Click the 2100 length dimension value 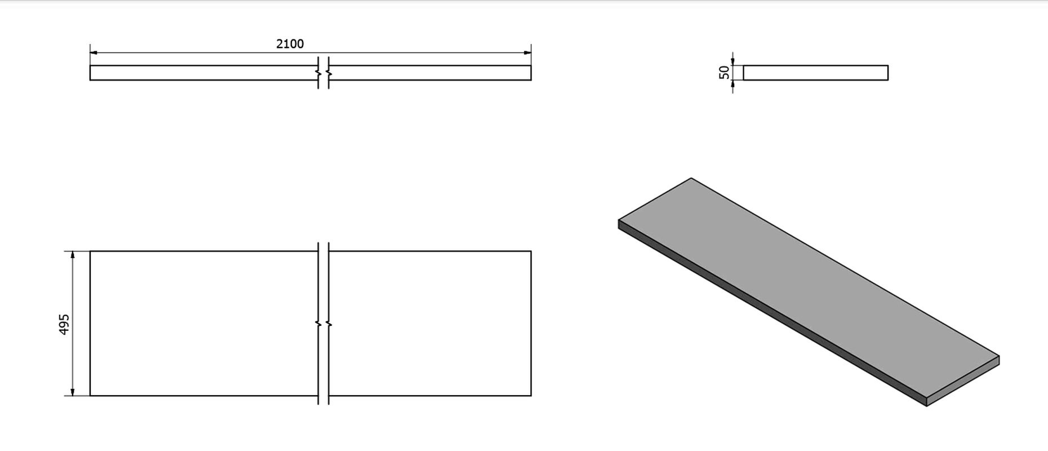click(x=290, y=43)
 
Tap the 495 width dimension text click(x=64, y=324)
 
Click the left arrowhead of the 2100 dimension click(x=95, y=53)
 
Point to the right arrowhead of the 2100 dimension click(x=526, y=53)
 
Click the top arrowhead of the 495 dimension click(x=73, y=256)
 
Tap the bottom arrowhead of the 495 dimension click(x=73, y=391)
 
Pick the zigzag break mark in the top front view click(x=323, y=73)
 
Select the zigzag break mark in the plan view click(x=323, y=324)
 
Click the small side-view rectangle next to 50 click(x=815, y=73)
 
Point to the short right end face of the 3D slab click(x=963, y=381)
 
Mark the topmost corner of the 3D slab click(x=691, y=178)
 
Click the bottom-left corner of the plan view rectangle click(x=90, y=396)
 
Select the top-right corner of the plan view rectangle click(x=531, y=251)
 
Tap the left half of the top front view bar click(x=204, y=73)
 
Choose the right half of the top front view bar click(x=429, y=73)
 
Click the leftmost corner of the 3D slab click(x=619, y=219)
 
